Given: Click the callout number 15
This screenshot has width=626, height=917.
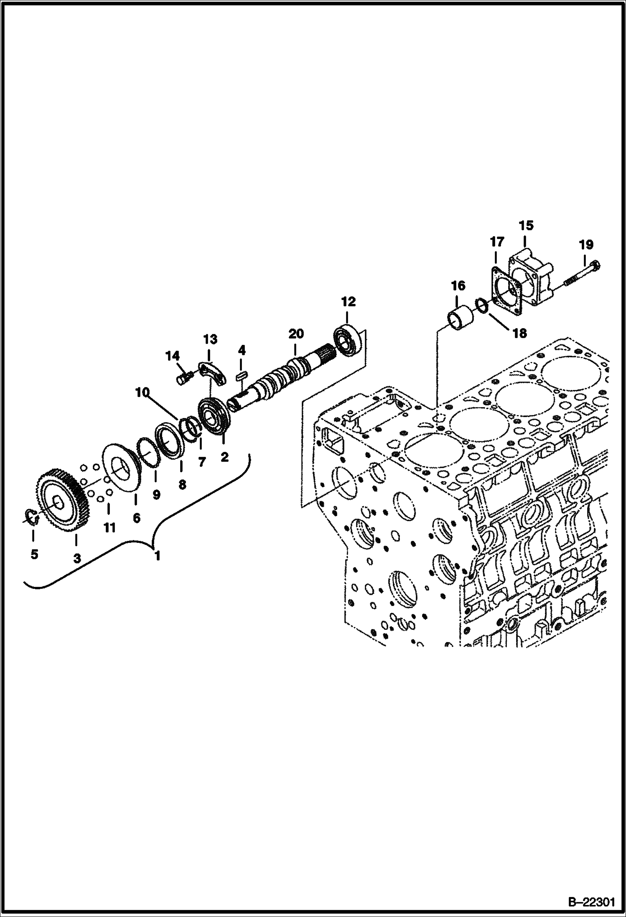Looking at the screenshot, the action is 526,226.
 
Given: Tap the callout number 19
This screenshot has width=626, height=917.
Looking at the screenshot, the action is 586,244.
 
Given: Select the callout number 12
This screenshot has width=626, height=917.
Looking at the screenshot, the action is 349,301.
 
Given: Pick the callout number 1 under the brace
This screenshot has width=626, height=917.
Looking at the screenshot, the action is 157,556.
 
